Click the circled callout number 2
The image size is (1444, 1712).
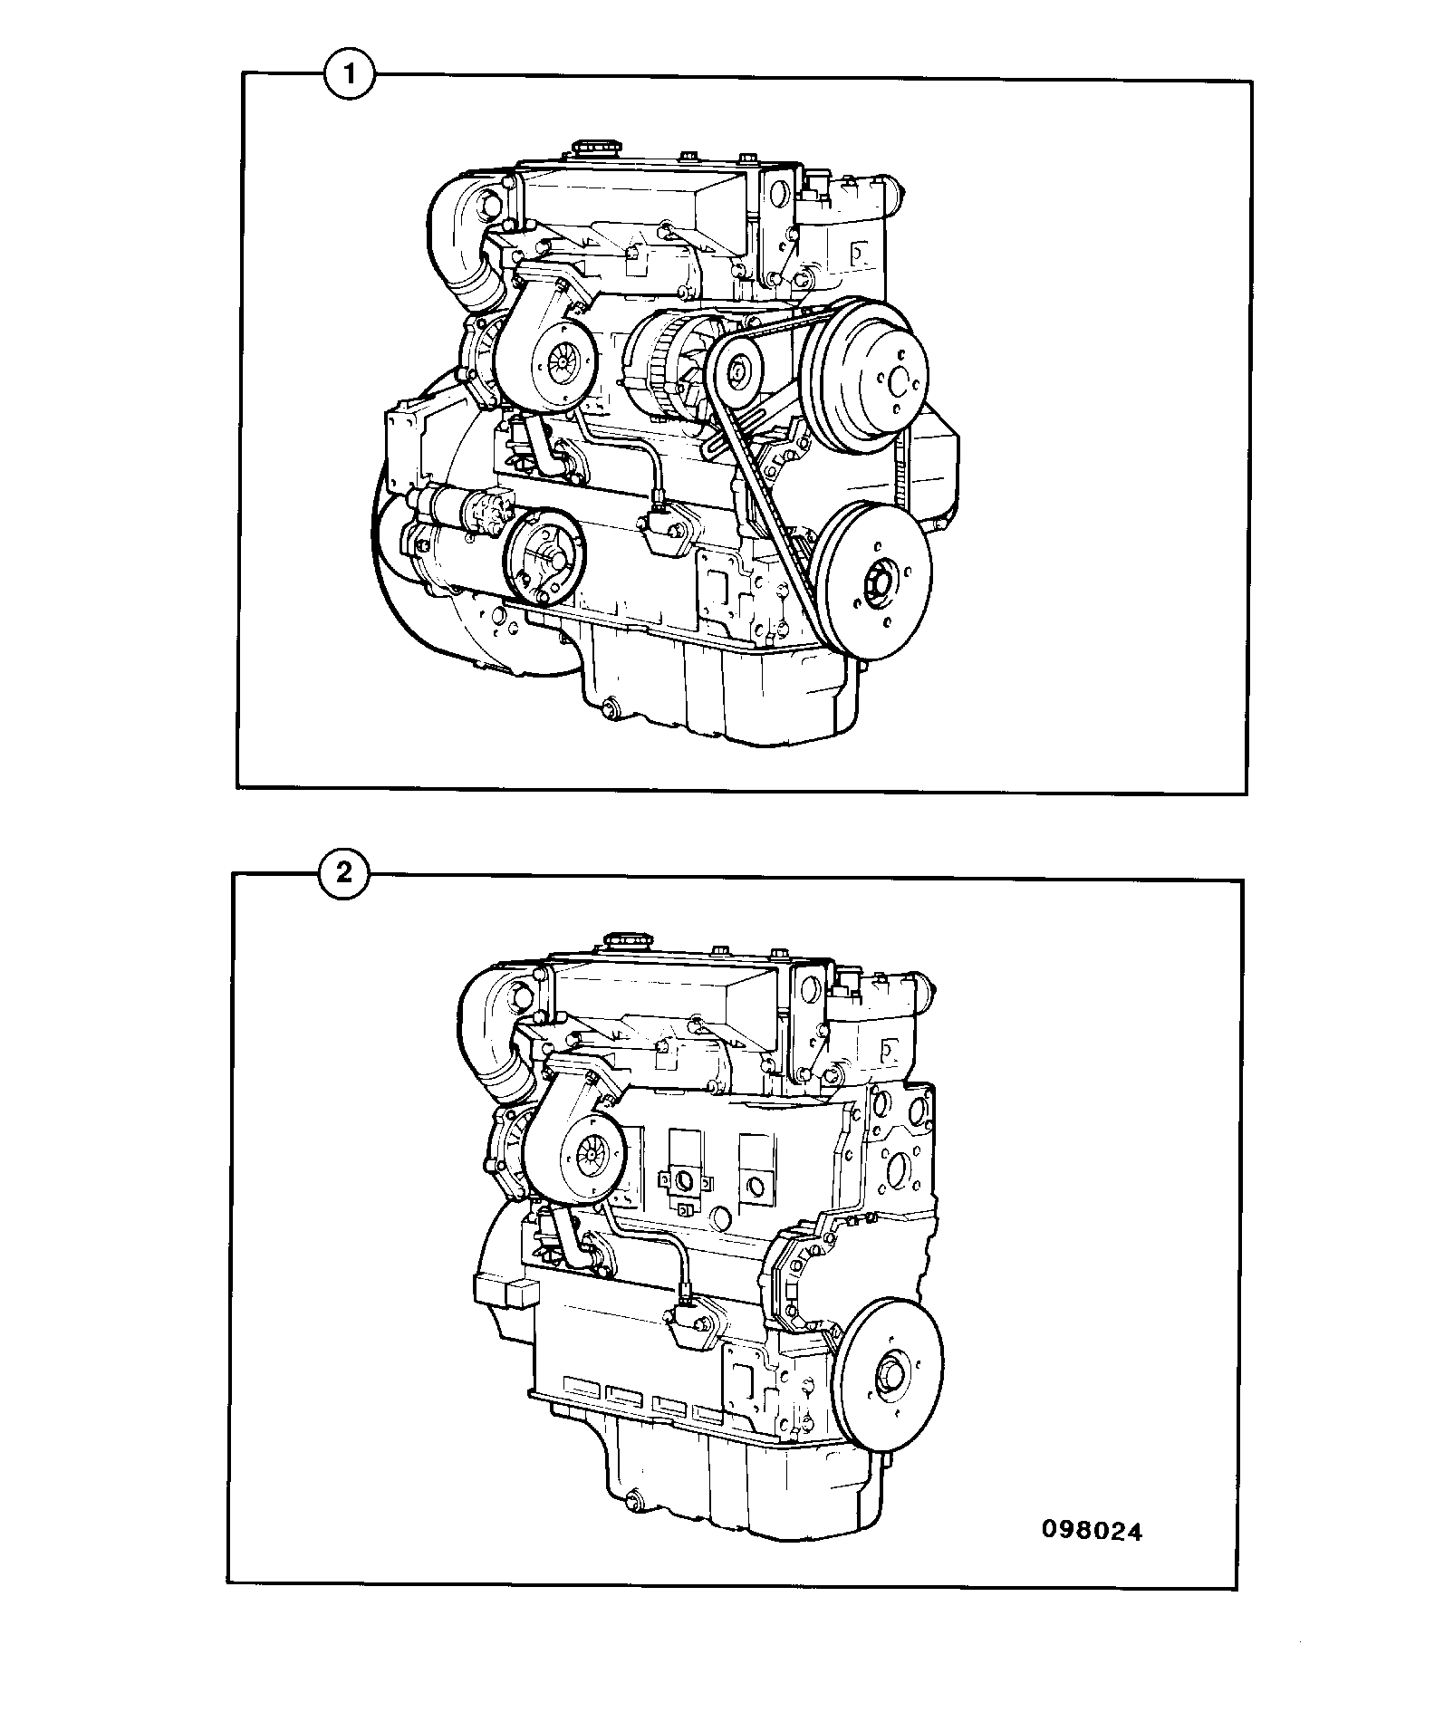pos(344,875)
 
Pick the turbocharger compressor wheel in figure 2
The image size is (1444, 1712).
pos(595,1158)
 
